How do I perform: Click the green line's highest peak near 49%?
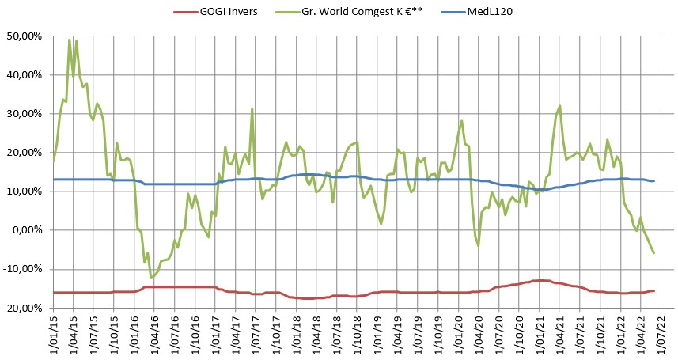[x=70, y=40]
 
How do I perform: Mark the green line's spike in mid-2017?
[x=252, y=109]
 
